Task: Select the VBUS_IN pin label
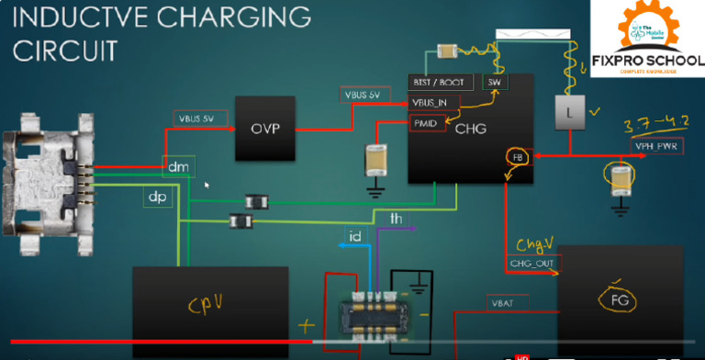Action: click(430, 102)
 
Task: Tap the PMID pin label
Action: click(425, 122)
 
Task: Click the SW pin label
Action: click(493, 83)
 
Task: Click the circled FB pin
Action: click(515, 157)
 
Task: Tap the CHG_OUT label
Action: click(533, 264)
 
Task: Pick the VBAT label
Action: click(503, 302)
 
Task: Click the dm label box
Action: click(176, 166)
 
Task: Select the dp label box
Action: click(156, 197)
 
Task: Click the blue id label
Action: click(355, 237)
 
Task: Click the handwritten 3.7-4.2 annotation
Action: click(655, 126)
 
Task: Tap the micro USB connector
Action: click(42, 184)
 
